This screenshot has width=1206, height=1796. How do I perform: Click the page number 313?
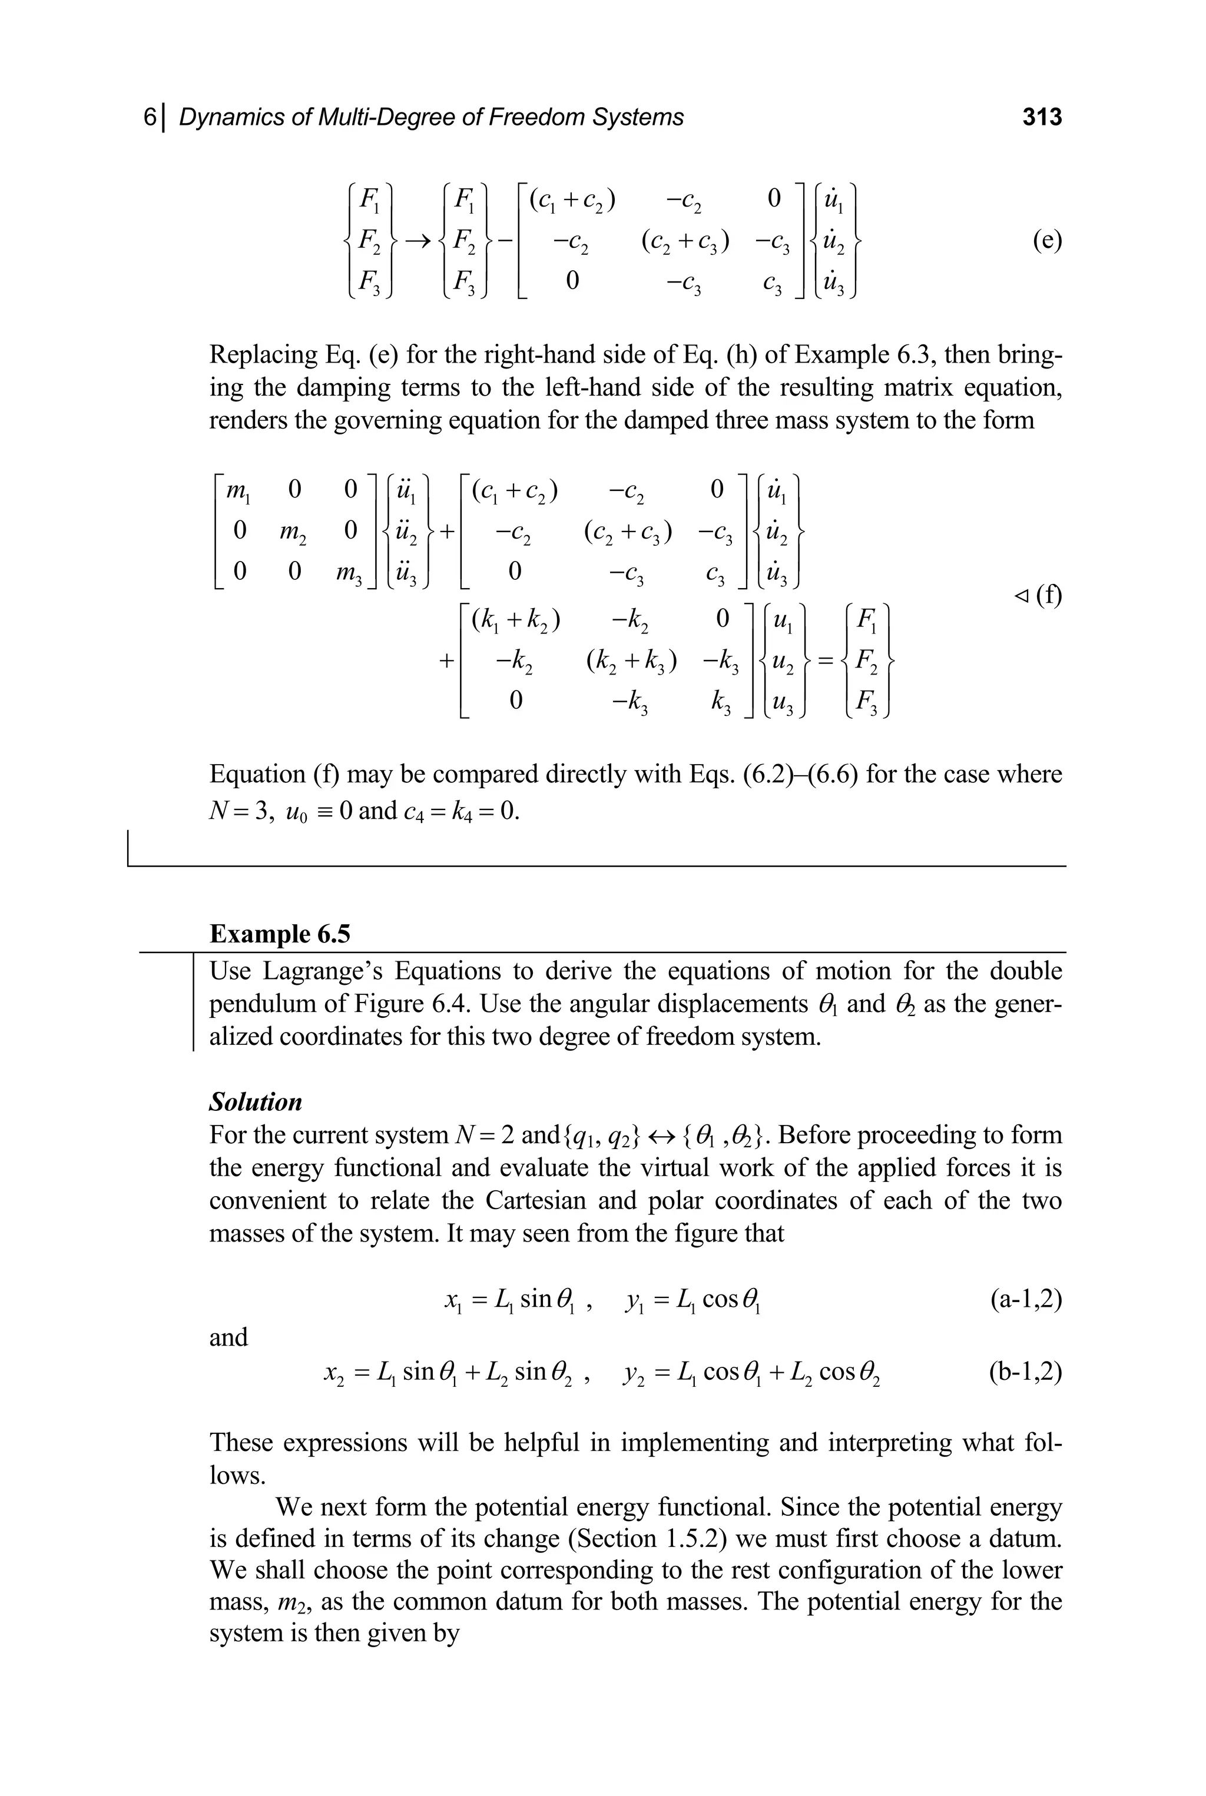point(1041,117)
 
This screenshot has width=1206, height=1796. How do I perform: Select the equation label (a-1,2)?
point(1025,1299)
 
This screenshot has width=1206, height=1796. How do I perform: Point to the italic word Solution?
point(256,1102)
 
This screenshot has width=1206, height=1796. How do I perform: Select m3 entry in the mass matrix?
point(347,572)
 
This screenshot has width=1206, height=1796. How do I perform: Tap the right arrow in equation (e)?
point(416,241)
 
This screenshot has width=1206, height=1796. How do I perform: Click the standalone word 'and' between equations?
point(228,1337)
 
